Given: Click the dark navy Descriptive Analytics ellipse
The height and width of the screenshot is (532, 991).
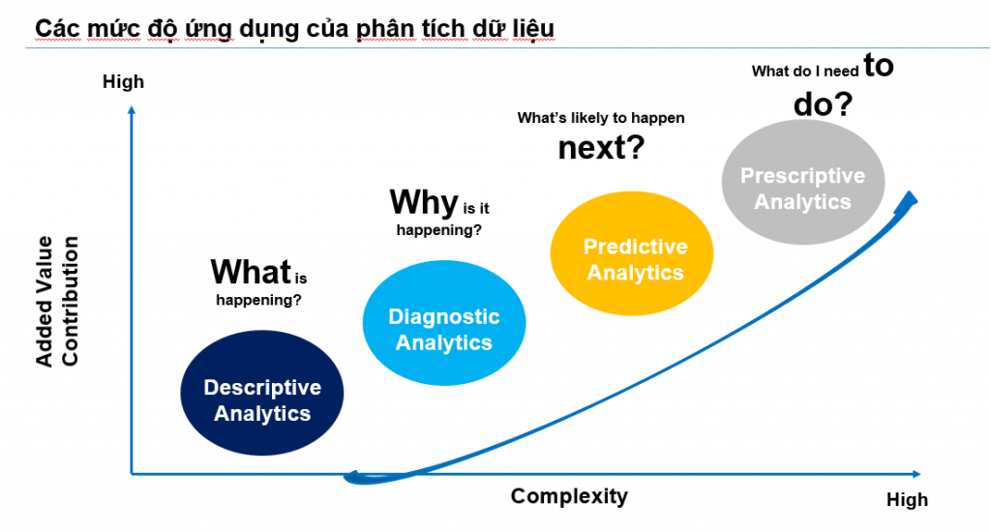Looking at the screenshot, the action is pos(261,393).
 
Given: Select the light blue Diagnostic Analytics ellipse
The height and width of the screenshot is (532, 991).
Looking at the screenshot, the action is pos(443,323).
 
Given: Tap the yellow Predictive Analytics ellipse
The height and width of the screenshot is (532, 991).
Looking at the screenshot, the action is pos(632,253).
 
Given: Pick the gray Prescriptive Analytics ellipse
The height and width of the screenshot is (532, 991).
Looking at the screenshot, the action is pos(803,182).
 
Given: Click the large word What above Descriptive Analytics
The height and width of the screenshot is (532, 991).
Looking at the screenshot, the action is pos(251,273).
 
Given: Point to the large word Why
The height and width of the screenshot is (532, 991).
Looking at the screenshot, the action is pos(424,202).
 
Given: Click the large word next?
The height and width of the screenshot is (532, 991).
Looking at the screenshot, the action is pos(601,147).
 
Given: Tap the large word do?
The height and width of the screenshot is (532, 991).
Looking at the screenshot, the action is pos(823,104).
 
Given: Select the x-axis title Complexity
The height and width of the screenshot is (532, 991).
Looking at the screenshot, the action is pos(569,496).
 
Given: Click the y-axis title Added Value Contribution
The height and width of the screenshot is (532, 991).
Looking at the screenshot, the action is pos(57,302).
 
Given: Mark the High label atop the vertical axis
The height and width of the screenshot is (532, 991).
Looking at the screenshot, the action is pos(123,81).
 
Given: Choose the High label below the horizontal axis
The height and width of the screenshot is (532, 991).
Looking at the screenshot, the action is pos(907,500).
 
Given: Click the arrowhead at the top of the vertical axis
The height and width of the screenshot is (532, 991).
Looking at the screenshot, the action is pos(132,110).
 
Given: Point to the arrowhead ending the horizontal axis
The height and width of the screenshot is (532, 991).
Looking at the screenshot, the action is pos(917,474).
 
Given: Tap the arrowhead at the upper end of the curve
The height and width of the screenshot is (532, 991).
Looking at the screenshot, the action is pos(908,201).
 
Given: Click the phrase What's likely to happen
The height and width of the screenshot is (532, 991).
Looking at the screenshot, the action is pos(601,118).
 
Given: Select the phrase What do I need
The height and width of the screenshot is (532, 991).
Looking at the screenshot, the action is pos(805,72).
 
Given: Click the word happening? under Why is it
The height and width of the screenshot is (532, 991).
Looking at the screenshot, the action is pos(438,230).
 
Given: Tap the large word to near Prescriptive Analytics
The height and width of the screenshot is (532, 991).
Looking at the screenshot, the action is pos(879,65).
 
